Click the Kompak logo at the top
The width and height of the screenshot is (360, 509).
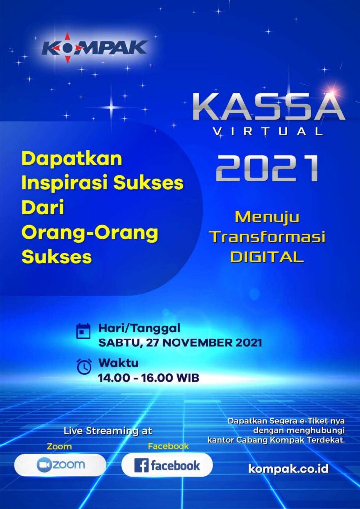[x=94, y=47]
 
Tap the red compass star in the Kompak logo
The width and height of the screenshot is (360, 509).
[x=66, y=47]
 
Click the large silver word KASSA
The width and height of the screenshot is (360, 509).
[x=269, y=107]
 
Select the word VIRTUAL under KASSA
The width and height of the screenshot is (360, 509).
[x=269, y=131]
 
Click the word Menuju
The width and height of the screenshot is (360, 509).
[x=268, y=218]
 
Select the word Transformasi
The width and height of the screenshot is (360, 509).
[x=268, y=237]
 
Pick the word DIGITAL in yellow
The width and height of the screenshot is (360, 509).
[x=267, y=257]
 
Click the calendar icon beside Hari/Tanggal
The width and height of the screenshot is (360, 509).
[x=84, y=331]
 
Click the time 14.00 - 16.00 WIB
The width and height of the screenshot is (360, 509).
[x=149, y=378]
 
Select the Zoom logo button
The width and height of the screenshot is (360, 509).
[x=60, y=465]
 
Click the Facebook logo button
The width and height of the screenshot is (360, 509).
[x=167, y=465]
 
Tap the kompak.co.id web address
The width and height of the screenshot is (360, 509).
[x=288, y=468]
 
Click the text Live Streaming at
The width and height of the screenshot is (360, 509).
[x=108, y=432]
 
